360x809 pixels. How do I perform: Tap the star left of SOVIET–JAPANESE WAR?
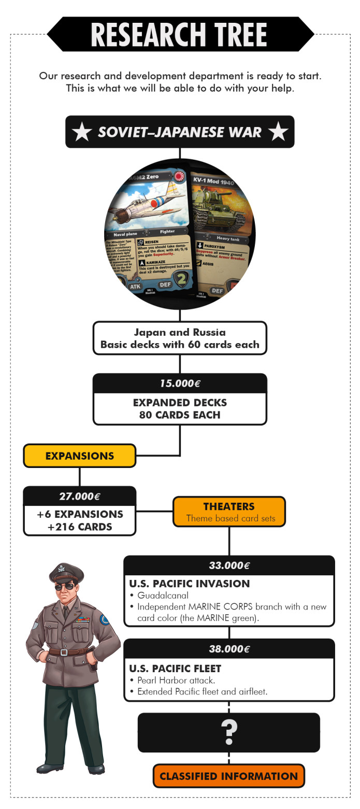82,132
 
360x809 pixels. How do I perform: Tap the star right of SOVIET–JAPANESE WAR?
278,132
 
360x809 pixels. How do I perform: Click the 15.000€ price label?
180,383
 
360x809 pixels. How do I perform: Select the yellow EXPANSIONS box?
79,456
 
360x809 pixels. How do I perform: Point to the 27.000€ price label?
79,496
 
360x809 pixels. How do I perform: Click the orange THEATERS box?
229,512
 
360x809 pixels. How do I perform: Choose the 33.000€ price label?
229,565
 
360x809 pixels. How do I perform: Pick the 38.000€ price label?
229,648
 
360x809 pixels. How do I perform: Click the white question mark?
229,731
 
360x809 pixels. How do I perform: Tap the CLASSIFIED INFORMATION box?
228,776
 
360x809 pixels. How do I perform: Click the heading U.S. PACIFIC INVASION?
190,584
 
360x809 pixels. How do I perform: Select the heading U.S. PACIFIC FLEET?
175,669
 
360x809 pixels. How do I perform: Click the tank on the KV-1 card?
218,205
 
